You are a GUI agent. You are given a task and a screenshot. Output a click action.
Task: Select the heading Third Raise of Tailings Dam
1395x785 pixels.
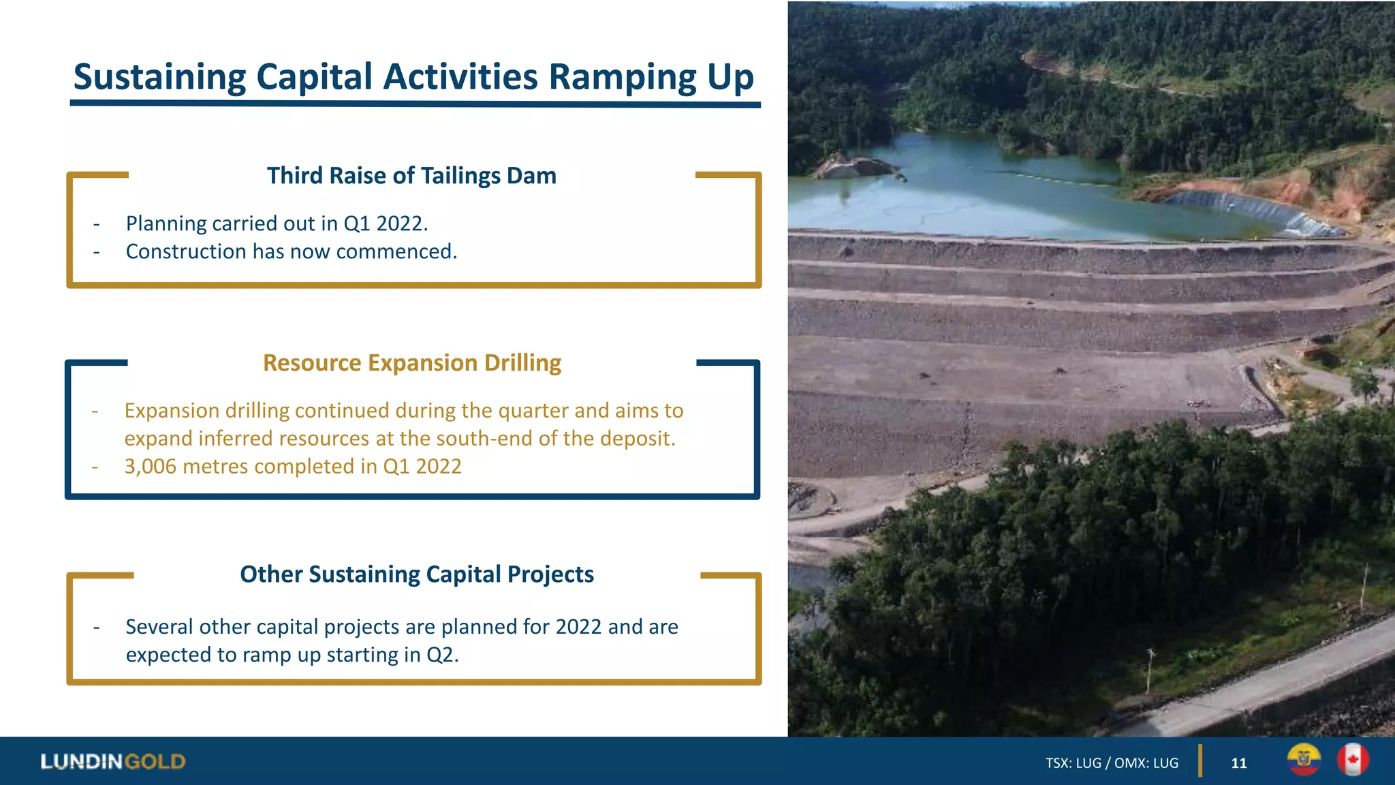411,176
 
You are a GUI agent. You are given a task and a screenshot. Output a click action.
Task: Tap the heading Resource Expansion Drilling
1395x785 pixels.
412,363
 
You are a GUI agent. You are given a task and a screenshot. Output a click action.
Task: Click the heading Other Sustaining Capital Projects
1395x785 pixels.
416,574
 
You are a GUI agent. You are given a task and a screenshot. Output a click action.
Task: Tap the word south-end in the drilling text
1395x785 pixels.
484,439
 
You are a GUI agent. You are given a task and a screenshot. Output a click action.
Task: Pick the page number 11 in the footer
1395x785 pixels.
1238,763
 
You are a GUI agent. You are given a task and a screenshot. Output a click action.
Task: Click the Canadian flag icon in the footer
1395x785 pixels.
1352,760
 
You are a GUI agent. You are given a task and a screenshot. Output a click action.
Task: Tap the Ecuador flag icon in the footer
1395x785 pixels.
1304,760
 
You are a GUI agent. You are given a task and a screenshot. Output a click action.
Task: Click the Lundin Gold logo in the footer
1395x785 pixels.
113,762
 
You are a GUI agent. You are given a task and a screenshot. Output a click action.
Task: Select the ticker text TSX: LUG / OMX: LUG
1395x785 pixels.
1112,763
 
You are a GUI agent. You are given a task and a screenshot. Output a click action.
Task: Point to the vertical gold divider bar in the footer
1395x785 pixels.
1200,761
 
